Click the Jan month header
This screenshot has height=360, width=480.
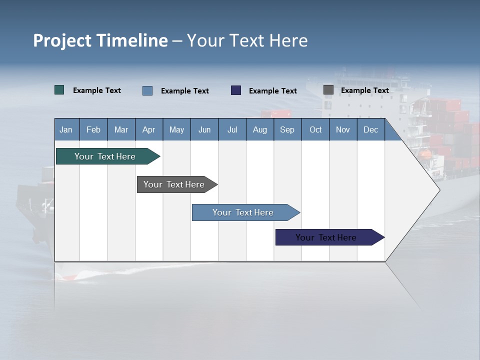pyautogui.click(x=66, y=130)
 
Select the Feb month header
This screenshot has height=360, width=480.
pyautogui.click(x=93, y=130)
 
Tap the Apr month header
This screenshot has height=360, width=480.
pyautogui.click(x=149, y=130)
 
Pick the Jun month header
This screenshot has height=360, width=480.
pyautogui.click(x=204, y=130)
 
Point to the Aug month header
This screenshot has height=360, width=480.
pyautogui.click(x=260, y=130)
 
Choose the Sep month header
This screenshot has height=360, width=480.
pyautogui.click(x=287, y=130)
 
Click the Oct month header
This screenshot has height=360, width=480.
pyautogui.click(x=315, y=130)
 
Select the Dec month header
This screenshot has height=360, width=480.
pyautogui.click(x=371, y=130)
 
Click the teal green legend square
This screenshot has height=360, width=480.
pyautogui.click(x=59, y=90)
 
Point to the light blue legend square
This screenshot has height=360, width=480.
pyautogui.click(x=147, y=90)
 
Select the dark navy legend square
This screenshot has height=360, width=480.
pyautogui.click(x=236, y=90)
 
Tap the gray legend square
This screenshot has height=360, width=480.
pyautogui.click(x=328, y=90)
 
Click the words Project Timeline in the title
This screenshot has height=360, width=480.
pyautogui.click(x=100, y=40)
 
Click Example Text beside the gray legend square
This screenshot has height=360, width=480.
pyautogui.click(x=365, y=90)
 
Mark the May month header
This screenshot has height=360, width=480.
pyautogui.click(x=176, y=130)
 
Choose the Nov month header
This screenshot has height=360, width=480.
pyautogui.click(x=343, y=130)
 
